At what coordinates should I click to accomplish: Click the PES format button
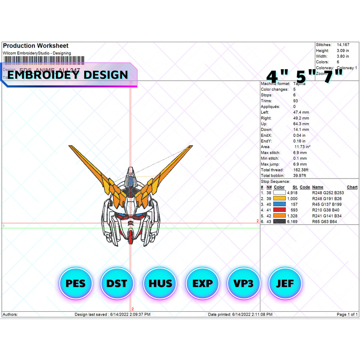[76, 283]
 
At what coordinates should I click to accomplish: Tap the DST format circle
[117, 283]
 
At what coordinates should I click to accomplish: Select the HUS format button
[160, 283]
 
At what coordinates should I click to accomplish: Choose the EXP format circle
[202, 283]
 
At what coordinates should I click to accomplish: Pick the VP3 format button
[244, 283]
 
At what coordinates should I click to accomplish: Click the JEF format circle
[285, 283]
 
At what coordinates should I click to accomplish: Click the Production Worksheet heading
[36, 46]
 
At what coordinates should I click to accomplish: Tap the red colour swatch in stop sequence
[280, 210]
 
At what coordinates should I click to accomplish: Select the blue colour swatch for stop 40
[280, 204]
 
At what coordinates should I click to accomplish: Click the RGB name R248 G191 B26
[327, 198]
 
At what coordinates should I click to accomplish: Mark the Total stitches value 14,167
[343, 45]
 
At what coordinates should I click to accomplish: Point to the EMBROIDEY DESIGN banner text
[68, 75]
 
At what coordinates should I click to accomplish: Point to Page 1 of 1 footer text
[347, 314]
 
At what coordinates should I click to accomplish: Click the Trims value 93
[296, 101]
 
